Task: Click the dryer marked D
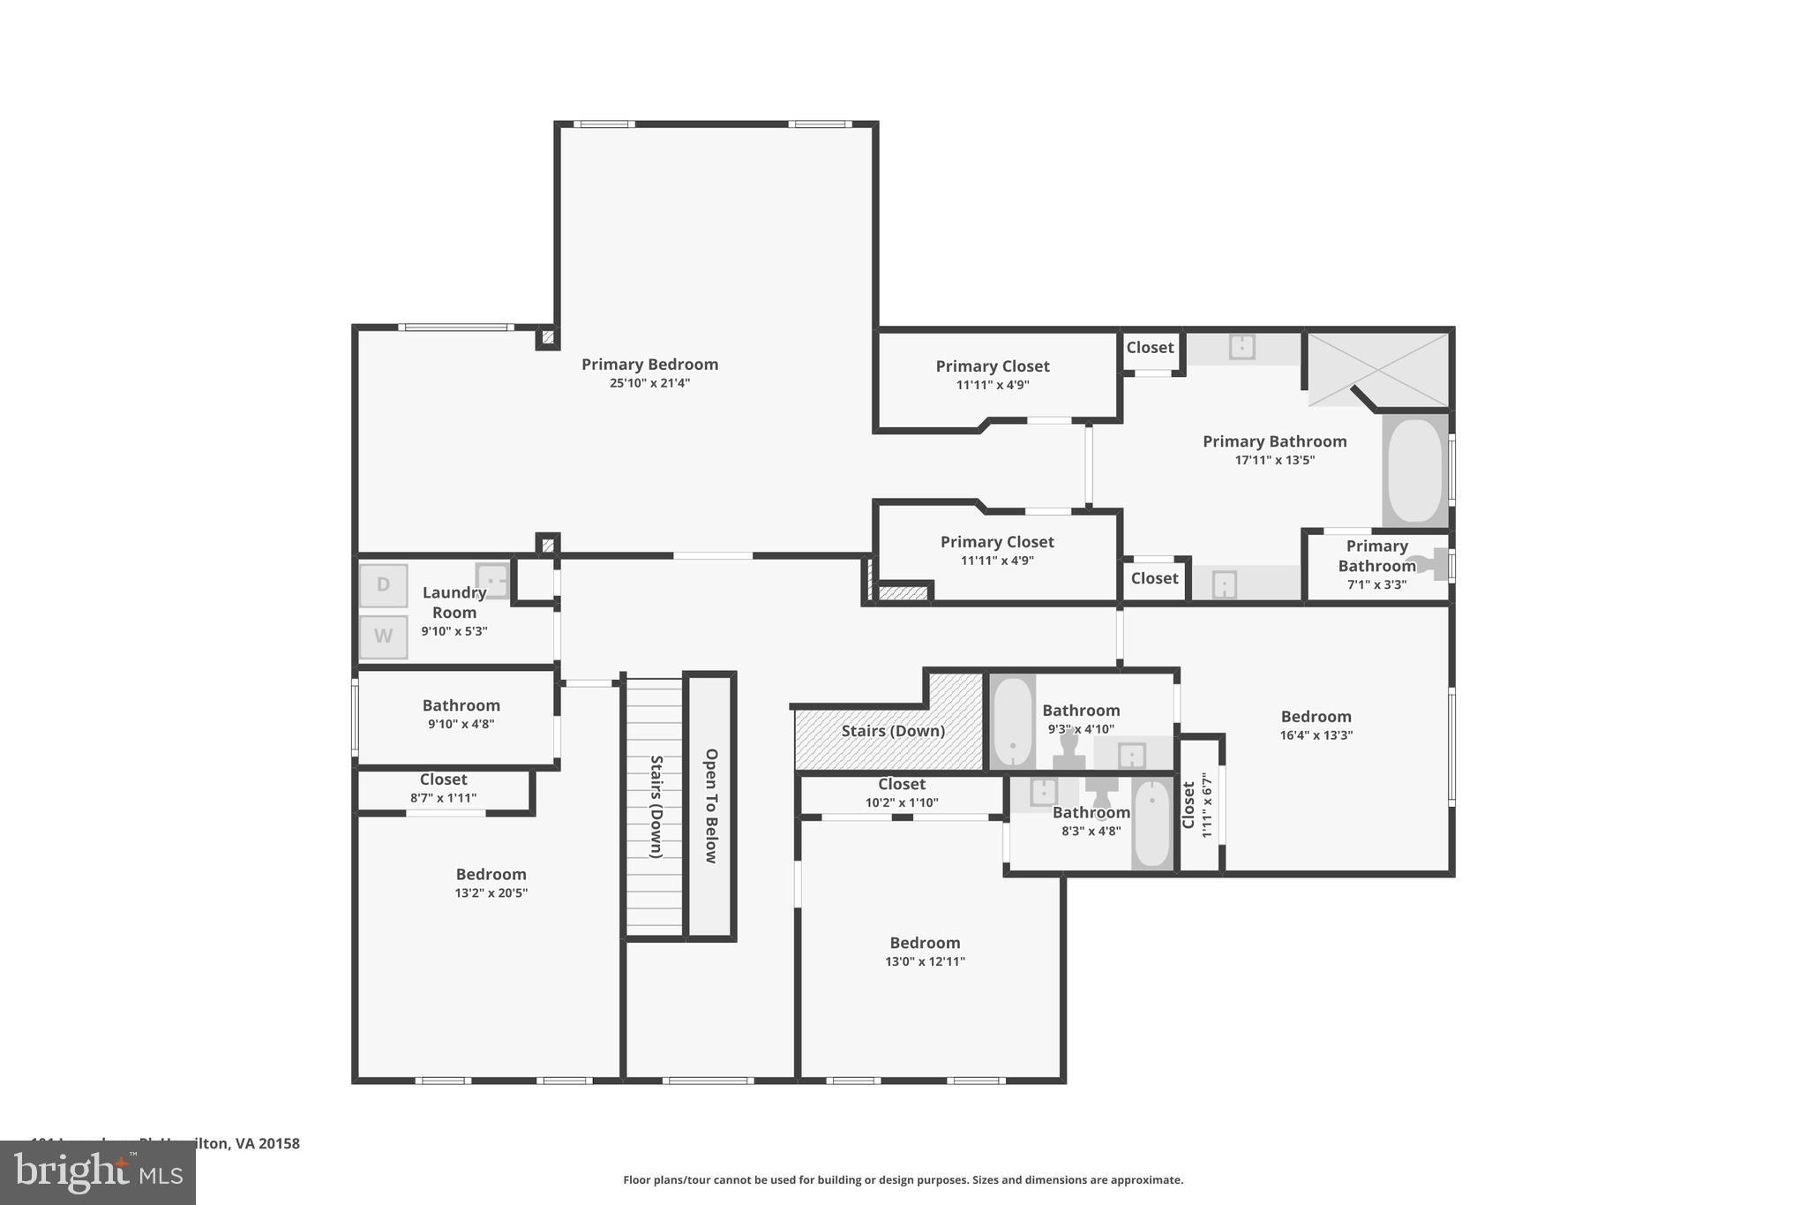pos(383,585)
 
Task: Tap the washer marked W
pos(383,636)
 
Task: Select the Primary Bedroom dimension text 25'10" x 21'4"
pos(649,383)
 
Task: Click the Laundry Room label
pos(454,602)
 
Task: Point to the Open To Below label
pos(711,805)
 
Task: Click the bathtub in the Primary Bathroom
pos(1414,471)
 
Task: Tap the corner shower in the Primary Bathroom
pos(1376,369)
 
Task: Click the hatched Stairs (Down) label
pos(893,731)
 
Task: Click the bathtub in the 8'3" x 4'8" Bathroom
pos(1151,825)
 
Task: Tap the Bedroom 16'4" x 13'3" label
pos(1316,717)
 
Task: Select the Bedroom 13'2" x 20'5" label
pos(491,875)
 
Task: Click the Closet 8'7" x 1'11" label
pos(443,780)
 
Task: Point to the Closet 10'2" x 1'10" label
pos(901,785)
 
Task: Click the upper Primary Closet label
pos(992,366)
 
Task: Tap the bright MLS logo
pos(97,1172)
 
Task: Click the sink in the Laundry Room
pos(492,580)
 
